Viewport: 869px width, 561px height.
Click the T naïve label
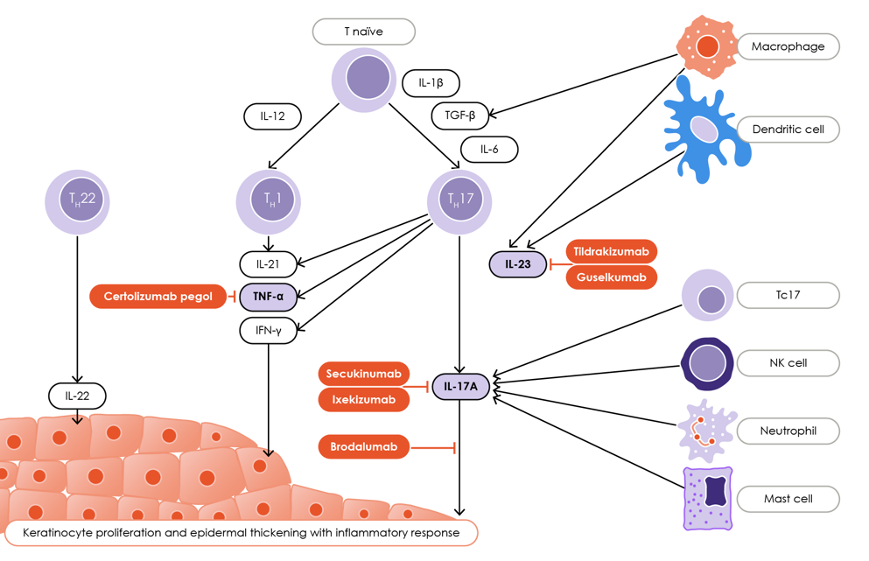[x=363, y=32]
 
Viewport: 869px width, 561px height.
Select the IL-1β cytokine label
[x=431, y=83]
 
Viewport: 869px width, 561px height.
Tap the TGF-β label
[x=459, y=116]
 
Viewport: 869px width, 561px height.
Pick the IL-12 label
[x=272, y=116]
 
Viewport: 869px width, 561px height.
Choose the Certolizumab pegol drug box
[x=158, y=297]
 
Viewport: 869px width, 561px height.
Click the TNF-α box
[x=268, y=297]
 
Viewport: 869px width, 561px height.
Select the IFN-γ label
[x=268, y=330]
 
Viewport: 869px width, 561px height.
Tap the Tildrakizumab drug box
[x=611, y=252]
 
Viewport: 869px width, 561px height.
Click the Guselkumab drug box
[x=611, y=277]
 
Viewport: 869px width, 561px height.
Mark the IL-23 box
[x=517, y=264]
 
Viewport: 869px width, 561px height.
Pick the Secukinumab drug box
[x=363, y=374]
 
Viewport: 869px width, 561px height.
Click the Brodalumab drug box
[x=363, y=447]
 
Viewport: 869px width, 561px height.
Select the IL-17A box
[x=460, y=386]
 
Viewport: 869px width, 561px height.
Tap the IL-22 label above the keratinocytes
[x=77, y=396]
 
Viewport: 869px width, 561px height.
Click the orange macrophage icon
[x=704, y=46]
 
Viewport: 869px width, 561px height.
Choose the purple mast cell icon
[x=707, y=498]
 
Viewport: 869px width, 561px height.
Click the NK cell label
[x=788, y=362]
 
